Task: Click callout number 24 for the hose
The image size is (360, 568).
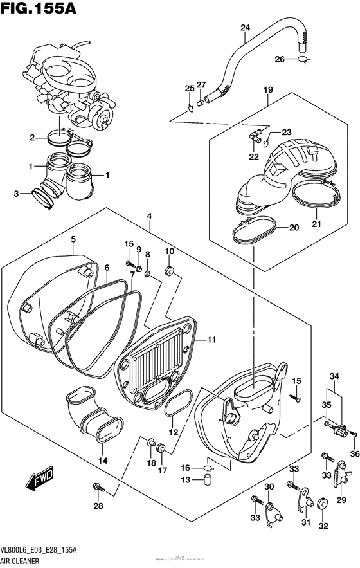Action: click(245, 27)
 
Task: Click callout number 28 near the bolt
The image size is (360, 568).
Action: click(98, 507)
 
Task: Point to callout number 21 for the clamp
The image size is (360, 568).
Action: click(316, 223)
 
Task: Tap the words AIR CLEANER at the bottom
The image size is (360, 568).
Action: click(20, 561)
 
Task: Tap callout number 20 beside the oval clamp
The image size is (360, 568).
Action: click(294, 227)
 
